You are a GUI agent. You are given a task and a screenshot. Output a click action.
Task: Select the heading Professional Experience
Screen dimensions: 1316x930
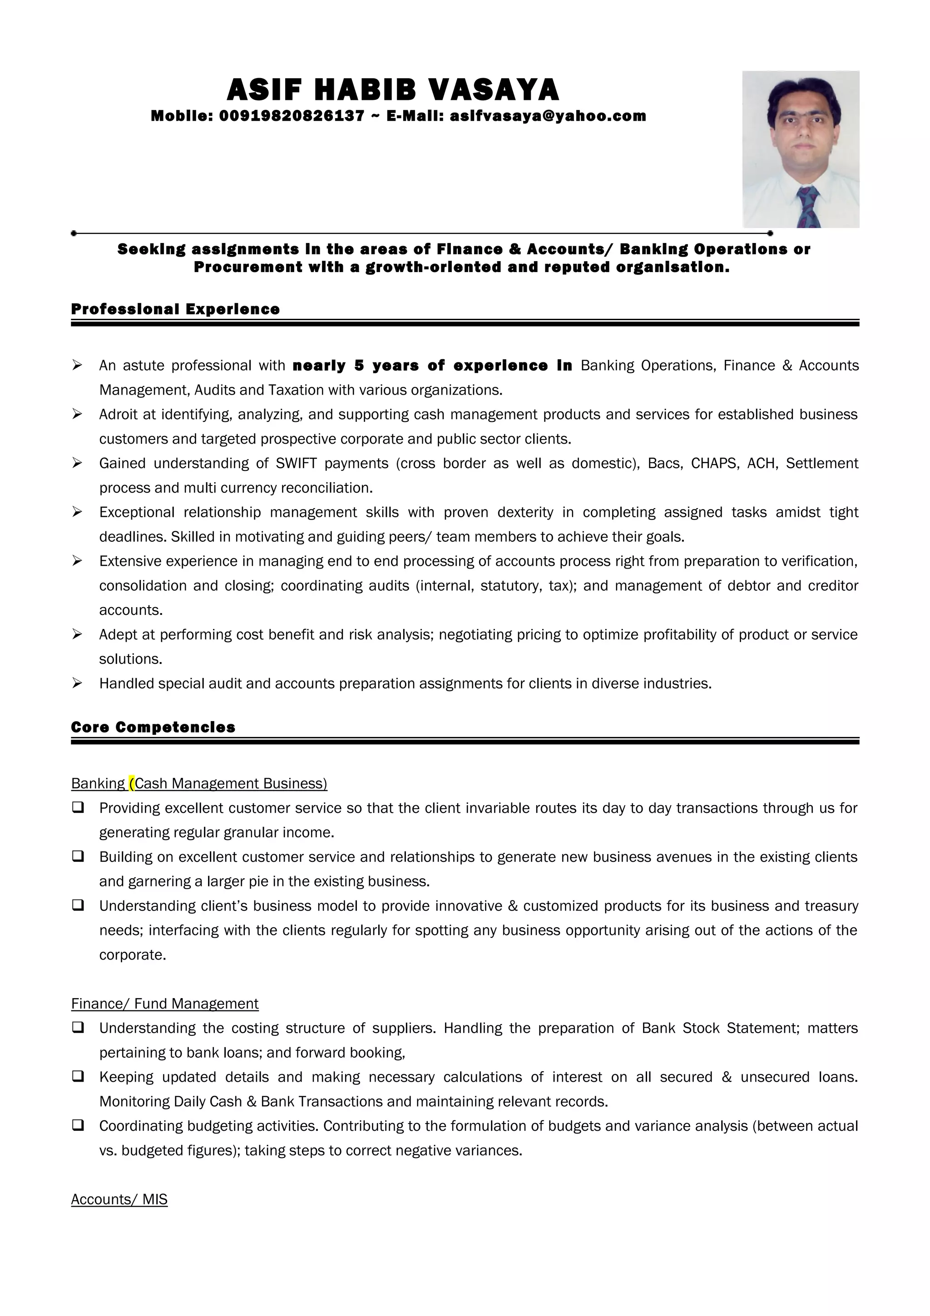point(175,310)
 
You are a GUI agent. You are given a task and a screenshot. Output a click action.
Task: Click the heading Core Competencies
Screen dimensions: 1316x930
point(153,727)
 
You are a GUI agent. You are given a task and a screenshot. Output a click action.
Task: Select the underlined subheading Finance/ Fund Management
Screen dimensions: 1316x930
point(165,1004)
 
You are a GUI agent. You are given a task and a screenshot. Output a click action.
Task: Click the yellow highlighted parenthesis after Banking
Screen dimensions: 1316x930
point(132,783)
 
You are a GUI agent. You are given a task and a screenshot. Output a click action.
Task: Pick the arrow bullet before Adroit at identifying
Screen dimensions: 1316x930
point(77,414)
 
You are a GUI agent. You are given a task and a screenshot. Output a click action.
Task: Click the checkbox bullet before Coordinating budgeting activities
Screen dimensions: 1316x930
point(78,1125)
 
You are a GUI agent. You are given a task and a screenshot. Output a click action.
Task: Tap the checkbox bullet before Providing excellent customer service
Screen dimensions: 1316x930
point(78,807)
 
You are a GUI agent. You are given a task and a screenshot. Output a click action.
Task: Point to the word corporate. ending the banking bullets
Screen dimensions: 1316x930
point(132,955)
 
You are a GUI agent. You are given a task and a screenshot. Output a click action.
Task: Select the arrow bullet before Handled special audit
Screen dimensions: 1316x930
point(77,683)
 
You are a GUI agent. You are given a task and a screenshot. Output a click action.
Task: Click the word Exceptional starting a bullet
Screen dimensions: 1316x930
point(136,512)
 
